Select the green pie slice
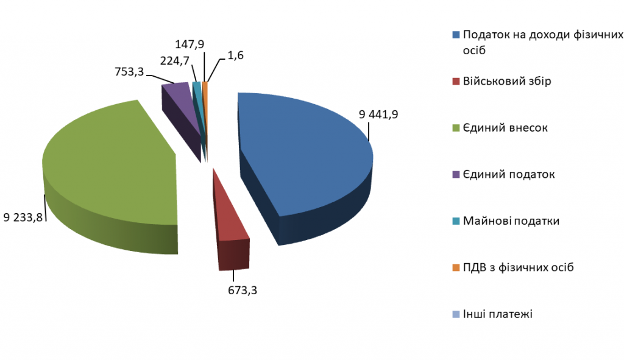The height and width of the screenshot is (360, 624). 110,164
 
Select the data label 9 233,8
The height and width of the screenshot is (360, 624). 23,217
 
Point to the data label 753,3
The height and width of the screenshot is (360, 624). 129,72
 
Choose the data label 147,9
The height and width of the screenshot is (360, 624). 190,44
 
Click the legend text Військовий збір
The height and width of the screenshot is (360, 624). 507,81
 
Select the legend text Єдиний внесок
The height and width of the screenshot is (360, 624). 505,128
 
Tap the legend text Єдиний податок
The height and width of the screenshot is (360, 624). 509,174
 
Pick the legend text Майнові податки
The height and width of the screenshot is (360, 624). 511,221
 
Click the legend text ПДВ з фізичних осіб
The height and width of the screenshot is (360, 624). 518,267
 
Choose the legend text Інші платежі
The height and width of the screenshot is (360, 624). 498,314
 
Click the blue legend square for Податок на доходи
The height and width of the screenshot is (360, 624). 455,35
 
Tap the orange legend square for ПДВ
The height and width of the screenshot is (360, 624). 455,268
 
